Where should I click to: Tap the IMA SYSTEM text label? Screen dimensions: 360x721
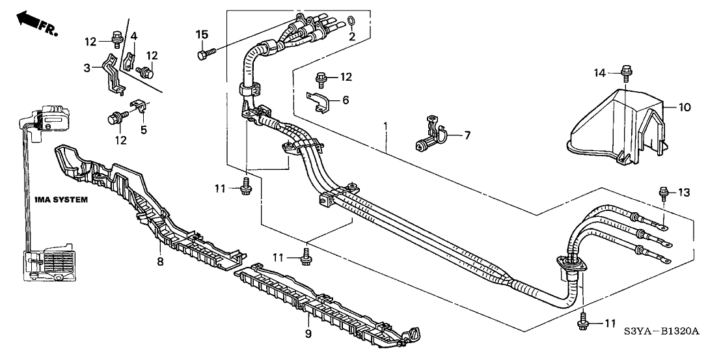coord(61,200)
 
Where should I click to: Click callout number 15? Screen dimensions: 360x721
coord(202,34)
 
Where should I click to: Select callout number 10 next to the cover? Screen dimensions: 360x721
coord(685,106)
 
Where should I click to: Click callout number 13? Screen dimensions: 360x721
coord(685,192)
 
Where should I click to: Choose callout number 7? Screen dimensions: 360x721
coord(465,135)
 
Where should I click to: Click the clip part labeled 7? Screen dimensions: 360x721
coord(432,133)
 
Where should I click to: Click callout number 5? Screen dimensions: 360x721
coord(144,129)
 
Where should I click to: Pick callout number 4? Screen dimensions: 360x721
coord(133,35)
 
